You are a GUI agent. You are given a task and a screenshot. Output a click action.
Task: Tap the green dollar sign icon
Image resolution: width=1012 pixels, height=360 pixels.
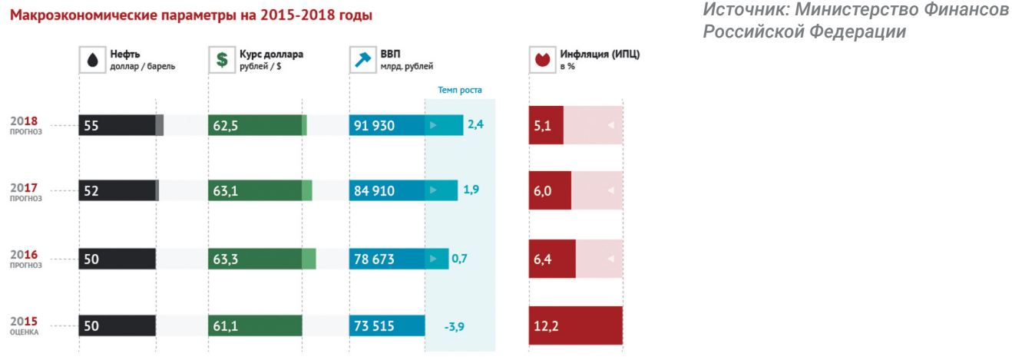coord(221,60)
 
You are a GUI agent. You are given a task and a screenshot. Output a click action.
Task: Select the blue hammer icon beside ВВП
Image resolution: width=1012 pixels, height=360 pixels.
coord(362,60)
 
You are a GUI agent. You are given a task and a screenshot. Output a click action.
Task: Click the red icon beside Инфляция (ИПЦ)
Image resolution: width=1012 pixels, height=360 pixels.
coord(542,60)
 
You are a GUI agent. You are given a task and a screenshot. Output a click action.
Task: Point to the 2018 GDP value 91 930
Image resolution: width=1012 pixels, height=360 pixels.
coord(375,126)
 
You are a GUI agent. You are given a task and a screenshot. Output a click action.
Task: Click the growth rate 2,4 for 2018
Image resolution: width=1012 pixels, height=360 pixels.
coord(475,124)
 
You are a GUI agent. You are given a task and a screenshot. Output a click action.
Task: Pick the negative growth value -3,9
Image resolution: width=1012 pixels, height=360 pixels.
coord(455,326)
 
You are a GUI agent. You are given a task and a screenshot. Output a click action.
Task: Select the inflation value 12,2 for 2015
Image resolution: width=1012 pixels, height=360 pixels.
coord(547,326)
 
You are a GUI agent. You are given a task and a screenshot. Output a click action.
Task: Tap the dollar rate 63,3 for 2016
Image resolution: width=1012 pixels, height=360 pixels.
coord(226,259)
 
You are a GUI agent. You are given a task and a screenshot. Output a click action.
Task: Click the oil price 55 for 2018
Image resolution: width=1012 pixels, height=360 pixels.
coord(91,126)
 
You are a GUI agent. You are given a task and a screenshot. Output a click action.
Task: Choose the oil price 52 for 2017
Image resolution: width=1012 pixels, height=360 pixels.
coord(91,191)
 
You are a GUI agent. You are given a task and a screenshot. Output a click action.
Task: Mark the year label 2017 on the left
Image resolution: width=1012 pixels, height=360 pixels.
coord(25,189)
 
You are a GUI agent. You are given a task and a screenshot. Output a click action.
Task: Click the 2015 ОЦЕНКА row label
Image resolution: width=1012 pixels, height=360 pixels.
coord(25,325)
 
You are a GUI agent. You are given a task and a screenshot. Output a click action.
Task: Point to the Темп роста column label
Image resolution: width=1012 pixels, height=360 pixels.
coord(459,90)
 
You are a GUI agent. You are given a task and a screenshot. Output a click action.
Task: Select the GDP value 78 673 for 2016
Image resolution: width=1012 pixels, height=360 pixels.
coord(375,259)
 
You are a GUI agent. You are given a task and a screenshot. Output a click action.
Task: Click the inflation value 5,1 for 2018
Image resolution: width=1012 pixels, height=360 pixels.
coord(542,126)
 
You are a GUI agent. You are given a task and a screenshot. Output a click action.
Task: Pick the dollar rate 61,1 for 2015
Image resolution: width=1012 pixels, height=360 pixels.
coord(226,326)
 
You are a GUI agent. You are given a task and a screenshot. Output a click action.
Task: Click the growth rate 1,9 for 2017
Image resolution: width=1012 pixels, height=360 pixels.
coord(471,190)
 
